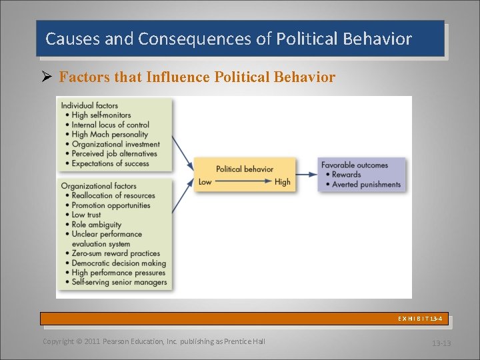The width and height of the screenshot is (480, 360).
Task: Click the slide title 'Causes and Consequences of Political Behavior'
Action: (228, 39)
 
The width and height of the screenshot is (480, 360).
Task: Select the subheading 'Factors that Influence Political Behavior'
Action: (197, 77)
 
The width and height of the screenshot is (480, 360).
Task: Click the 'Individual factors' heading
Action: (89, 105)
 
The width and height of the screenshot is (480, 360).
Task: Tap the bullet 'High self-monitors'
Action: (101, 115)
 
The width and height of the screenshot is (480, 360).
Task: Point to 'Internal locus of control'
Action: (111, 125)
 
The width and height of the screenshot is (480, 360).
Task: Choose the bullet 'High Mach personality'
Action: (109, 134)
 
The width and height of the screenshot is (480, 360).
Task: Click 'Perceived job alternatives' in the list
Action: (114, 153)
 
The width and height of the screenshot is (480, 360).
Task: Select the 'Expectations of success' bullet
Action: (111, 163)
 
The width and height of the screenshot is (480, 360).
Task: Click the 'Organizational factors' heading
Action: (99, 186)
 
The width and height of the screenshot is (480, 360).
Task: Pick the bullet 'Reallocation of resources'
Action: (113, 195)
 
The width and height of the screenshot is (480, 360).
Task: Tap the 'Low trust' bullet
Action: (86, 215)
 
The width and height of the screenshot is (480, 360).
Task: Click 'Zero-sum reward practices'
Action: (116, 253)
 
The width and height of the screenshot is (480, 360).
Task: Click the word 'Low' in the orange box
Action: (205, 182)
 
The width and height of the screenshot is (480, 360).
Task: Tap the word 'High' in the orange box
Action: (283, 182)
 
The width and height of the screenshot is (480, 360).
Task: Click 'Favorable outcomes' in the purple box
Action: (354, 165)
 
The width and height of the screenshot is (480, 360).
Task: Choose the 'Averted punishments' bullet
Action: (366, 185)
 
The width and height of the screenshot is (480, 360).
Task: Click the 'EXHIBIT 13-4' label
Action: (420, 319)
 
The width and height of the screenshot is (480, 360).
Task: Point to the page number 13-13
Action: (441, 343)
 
